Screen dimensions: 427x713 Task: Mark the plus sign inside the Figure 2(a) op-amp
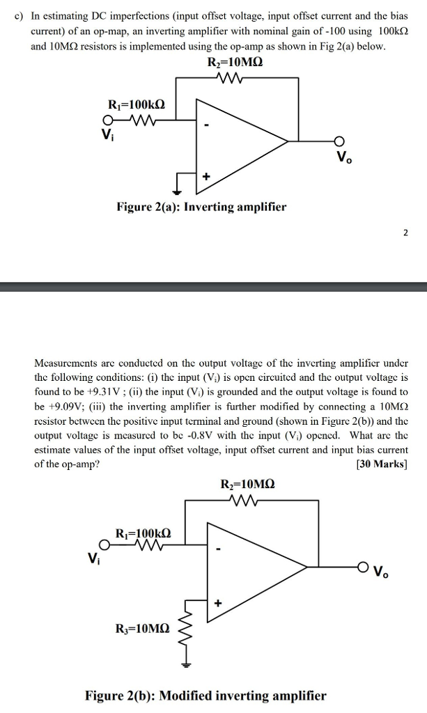[x=206, y=177]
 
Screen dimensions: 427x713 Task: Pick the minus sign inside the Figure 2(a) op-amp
[x=206, y=126]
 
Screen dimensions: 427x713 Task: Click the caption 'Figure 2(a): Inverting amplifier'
[x=201, y=207]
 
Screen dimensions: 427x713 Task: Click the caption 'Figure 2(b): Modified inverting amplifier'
[x=205, y=696]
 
